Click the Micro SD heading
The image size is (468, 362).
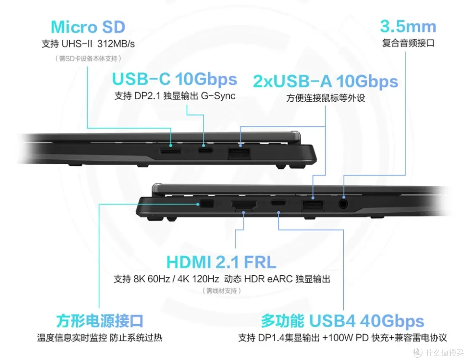(x=88, y=27)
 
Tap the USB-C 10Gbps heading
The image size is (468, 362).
(x=175, y=79)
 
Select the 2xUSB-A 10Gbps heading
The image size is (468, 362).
(x=325, y=81)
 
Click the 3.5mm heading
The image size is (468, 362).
(x=408, y=26)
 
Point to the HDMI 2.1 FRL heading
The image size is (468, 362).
(x=221, y=262)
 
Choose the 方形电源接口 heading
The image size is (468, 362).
(x=100, y=320)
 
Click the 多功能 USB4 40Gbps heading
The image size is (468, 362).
(x=343, y=321)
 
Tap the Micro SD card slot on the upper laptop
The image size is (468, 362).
(x=170, y=151)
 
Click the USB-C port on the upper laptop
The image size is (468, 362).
(x=205, y=150)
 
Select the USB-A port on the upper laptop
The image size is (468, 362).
(x=239, y=153)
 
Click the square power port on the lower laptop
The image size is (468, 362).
(x=207, y=204)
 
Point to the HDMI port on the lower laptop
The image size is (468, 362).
(x=244, y=205)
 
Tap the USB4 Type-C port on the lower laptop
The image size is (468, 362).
(x=278, y=203)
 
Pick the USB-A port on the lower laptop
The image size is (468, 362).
(x=313, y=205)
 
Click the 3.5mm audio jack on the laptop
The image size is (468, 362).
(x=344, y=204)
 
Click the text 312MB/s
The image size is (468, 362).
(x=116, y=44)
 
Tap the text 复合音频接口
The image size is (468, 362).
(x=408, y=43)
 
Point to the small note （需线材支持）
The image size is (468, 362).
(x=221, y=291)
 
